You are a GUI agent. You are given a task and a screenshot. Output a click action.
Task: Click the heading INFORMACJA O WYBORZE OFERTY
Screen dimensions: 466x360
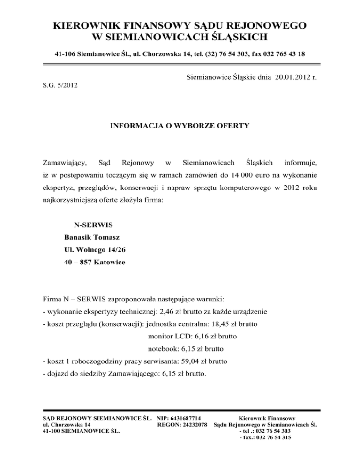(179, 126)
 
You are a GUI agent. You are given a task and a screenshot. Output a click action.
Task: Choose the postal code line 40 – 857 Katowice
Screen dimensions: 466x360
(95, 263)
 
